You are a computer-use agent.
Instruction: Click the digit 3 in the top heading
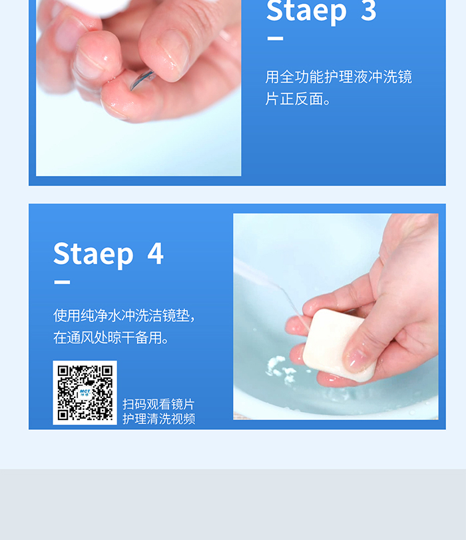(x=369, y=10)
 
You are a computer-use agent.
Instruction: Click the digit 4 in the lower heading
(x=156, y=253)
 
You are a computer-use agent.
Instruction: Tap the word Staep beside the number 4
(x=93, y=255)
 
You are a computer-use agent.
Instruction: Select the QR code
(x=85, y=393)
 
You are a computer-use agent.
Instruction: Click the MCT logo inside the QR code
(x=85, y=393)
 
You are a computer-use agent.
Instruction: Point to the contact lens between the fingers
(x=142, y=79)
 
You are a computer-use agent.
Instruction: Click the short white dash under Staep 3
(x=275, y=39)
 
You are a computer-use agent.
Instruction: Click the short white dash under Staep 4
(x=62, y=282)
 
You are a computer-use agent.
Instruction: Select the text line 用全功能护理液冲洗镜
(x=338, y=77)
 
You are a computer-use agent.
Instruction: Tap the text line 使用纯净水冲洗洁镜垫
(x=124, y=315)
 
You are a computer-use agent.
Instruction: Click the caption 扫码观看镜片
(x=158, y=404)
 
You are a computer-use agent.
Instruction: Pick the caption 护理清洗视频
(x=159, y=419)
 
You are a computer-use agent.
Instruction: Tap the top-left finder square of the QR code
(x=63, y=371)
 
